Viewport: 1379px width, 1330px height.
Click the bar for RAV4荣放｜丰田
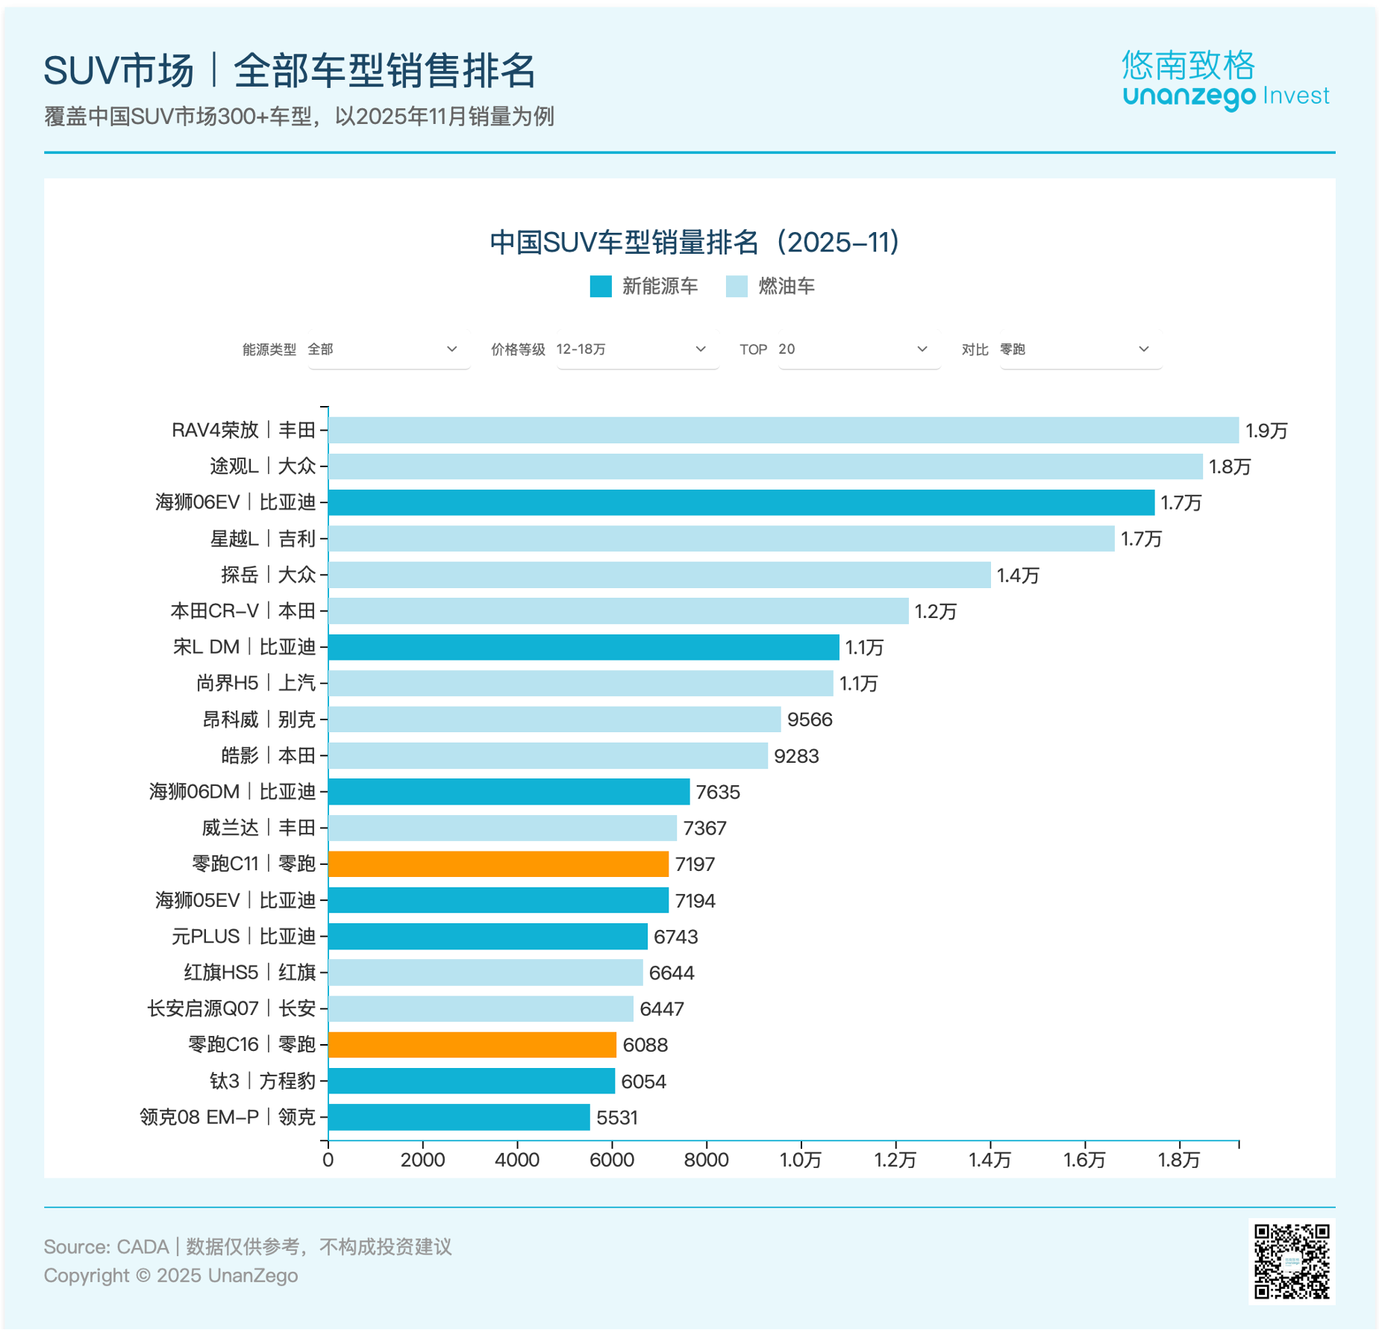point(784,430)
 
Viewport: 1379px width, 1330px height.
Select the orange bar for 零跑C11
point(498,864)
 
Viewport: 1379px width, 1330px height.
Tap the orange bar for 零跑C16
point(472,1044)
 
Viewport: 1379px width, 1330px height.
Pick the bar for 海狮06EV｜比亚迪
point(741,502)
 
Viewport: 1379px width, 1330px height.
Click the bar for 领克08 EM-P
point(459,1117)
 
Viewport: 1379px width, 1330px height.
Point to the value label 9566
point(810,719)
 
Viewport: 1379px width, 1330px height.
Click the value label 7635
point(718,792)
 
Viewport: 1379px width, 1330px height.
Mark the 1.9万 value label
point(1266,431)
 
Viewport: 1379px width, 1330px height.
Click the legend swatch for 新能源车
point(601,287)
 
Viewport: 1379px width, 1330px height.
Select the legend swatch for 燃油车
point(737,287)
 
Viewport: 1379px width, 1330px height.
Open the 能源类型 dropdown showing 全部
point(388,349)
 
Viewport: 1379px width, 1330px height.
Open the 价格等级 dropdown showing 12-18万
point(637,349)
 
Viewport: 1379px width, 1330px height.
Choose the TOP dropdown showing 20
point(858,349)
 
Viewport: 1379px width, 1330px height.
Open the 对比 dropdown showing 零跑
point(1080,349)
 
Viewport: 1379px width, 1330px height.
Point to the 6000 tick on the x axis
point(612,1159)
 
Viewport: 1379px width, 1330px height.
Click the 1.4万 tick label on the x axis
point(989,1159)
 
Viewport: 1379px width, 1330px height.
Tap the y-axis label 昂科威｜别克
point(259,719)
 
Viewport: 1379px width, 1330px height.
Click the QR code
point(1292,1261)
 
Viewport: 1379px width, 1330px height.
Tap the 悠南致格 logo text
point(1188,66)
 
